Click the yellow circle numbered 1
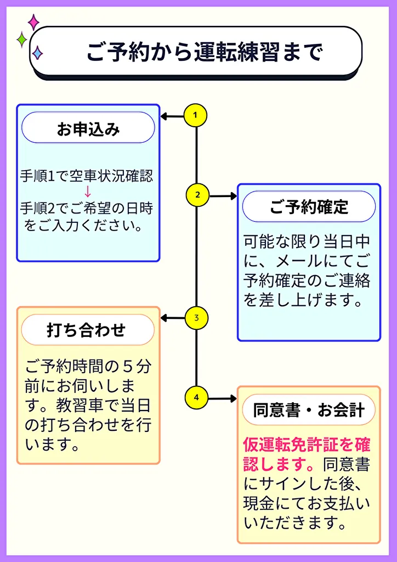coord(195,116)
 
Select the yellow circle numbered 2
coord(197,195)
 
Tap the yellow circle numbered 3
coord(196,318)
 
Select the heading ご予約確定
coord(309,207)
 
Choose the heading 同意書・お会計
coord(309,410)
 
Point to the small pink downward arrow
coord(87,192)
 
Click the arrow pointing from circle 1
coord(172,116)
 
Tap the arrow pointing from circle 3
coord(172,318)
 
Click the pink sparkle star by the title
coord(33,22)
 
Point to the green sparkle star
coord(21,40)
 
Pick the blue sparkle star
coord(37,53)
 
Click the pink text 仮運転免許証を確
coord(307,445)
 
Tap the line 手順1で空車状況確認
coord(87,176)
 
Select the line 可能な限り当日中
coord(307,241)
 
